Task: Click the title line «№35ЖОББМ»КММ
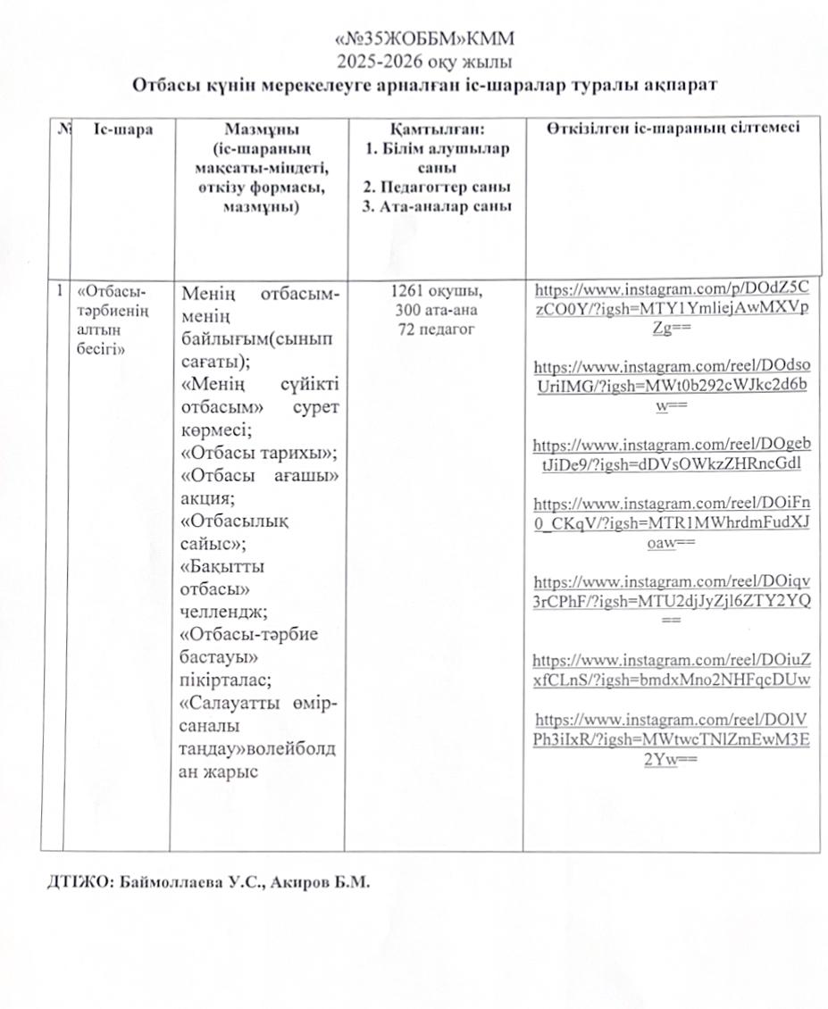click(424, 41)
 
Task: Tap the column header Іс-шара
click(122, 129)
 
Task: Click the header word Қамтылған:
click(436, 130)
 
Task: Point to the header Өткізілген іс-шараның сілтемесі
click(672, 128)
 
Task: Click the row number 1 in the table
click(59, 290)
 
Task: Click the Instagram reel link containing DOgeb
click(672, 454)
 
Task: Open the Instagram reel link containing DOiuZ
click(672, 670)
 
